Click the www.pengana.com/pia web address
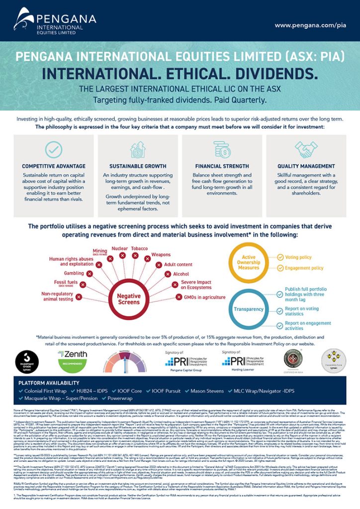[x=310, y=25]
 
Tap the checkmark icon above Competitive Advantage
[x=54, y=150]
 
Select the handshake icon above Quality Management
[x=306, y=149]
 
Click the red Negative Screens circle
[x=129, y=298]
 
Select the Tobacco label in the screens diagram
[x=139, y=248]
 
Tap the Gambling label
[x=74, y=273]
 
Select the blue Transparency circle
[x=249, y=309]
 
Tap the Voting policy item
[x=298, y=257]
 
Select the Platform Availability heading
[x=49, y=383]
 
